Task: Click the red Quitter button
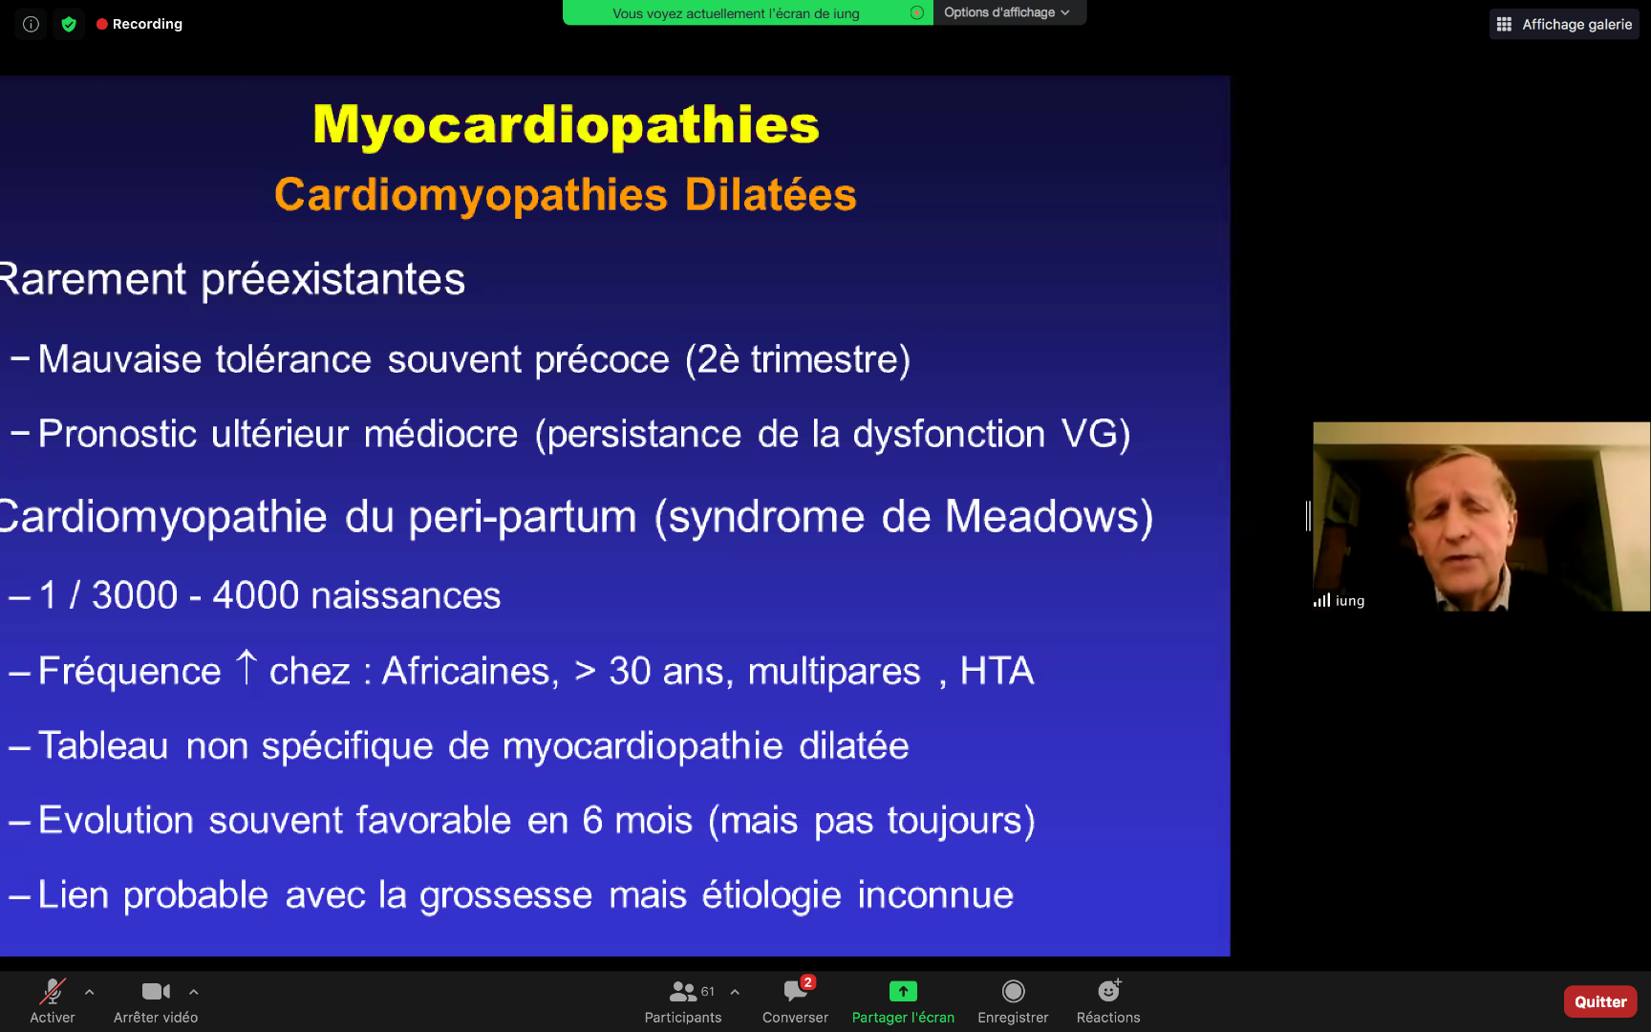tap(1600, 1001)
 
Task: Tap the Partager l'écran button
tap(903, 991)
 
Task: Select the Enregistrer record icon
tap(1013, 991)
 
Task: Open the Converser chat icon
tap(796, 991)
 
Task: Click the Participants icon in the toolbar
tap(683, 991)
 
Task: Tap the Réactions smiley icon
tap(1108, 991)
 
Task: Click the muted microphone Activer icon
tap(53, 991)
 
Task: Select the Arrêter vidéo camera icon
tap(156, 991)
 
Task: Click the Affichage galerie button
tap(1564, 24)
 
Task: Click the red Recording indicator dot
tap(101, 24)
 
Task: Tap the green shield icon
tap(69, 24)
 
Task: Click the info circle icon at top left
tap(31, 24)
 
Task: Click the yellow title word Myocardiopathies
tap(566, 124)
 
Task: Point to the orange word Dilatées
tap(770, 194)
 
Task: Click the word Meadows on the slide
tap(1042, 516)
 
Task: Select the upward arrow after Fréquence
tap(246, 667)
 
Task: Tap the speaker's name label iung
tap(1350, 600)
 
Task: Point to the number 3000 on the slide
tap(135, 595)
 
